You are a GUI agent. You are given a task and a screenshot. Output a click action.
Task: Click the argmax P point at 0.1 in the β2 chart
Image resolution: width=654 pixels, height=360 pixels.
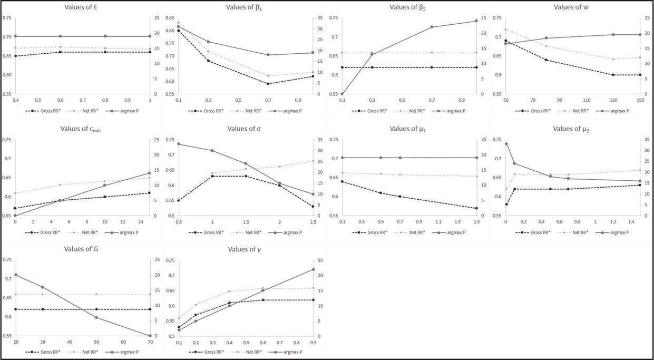342,94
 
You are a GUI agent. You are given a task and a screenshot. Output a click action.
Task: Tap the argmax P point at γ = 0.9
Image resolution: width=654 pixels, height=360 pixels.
314,269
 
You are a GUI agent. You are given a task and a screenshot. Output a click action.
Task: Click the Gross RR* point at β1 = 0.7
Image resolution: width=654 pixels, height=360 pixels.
268,84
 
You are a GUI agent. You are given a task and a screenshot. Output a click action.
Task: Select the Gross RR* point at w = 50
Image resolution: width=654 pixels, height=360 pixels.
506,41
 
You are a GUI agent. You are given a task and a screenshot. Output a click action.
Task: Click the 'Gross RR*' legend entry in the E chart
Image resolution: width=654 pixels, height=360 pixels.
46,111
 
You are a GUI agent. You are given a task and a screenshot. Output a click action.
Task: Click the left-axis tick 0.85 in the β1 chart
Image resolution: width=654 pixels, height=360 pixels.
171,18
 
